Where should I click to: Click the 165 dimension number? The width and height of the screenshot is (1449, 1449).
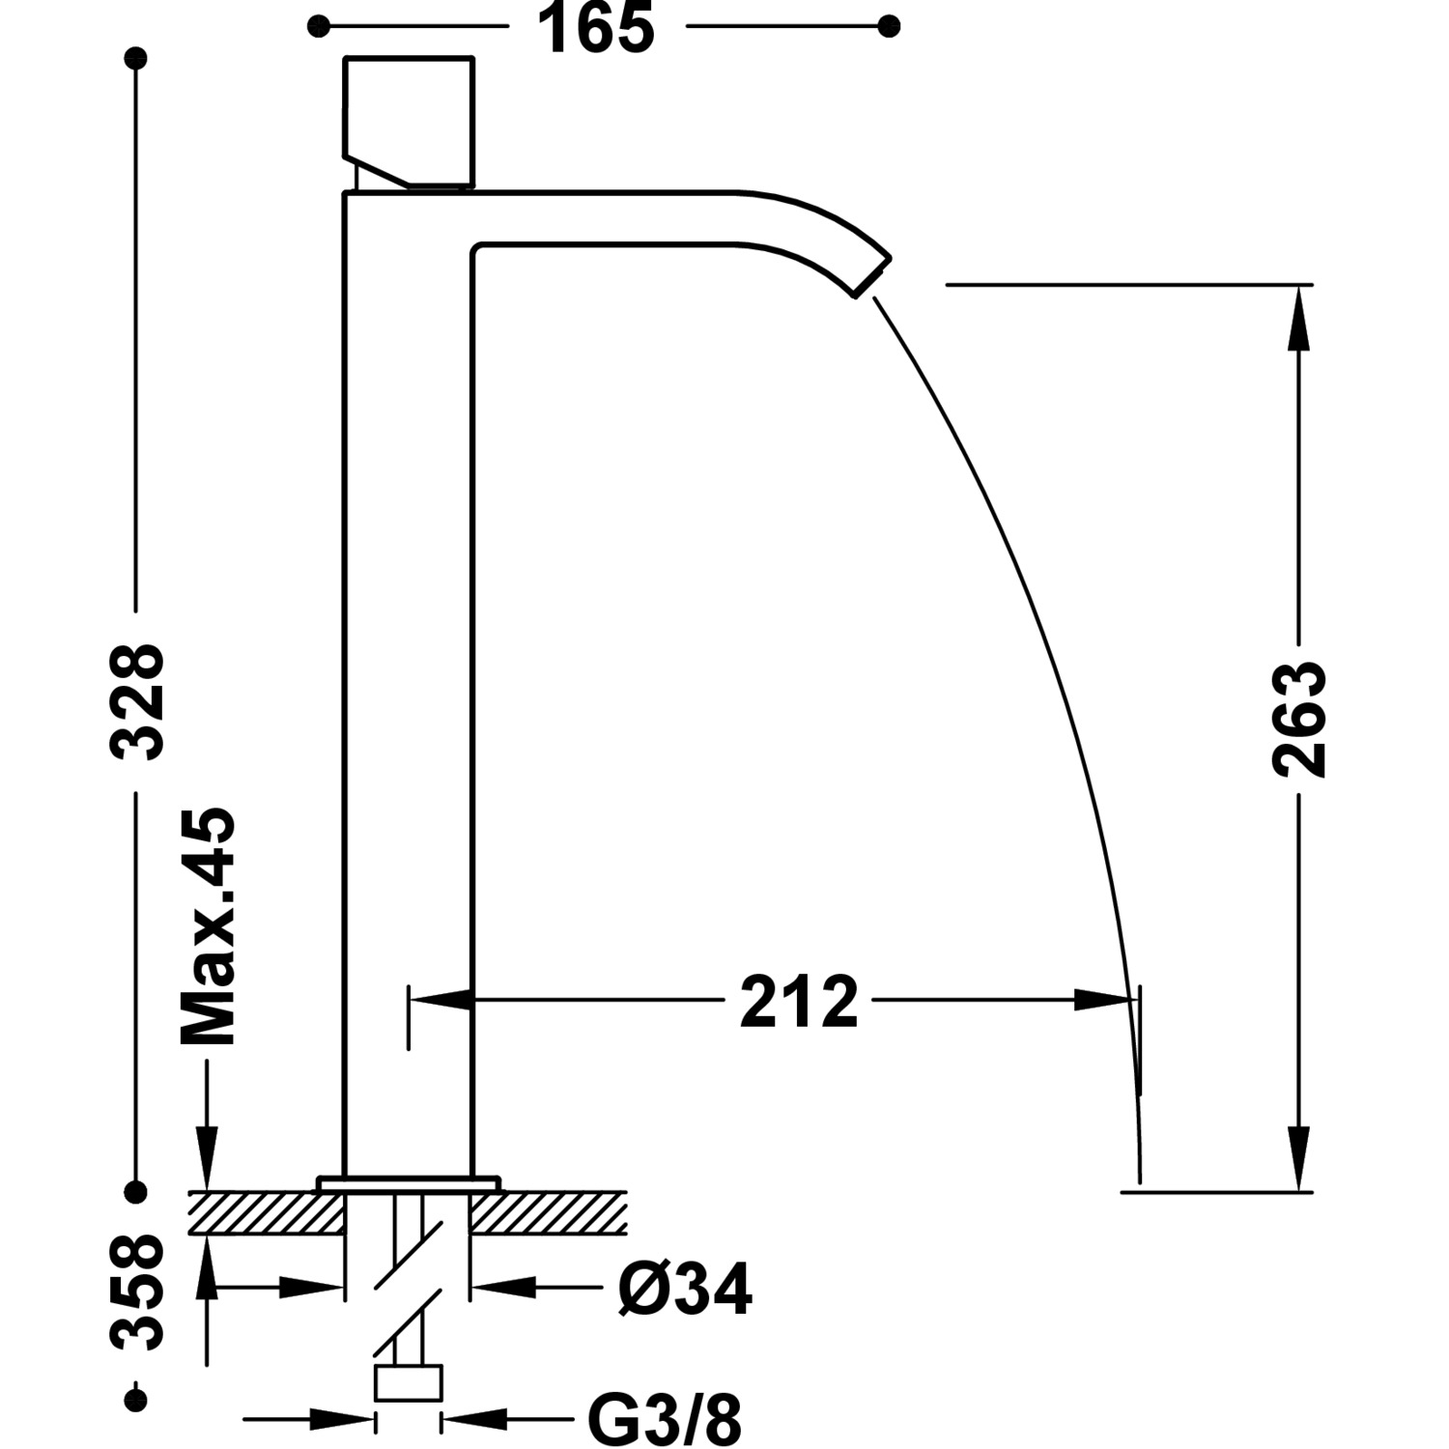[x=596, y=28]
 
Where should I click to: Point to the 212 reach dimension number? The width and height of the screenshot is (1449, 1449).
[x=799, y=1002]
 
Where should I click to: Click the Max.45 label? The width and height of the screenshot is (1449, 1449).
[x=208, y=926]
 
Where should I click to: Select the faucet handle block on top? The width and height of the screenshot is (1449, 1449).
[x=409, y=121]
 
